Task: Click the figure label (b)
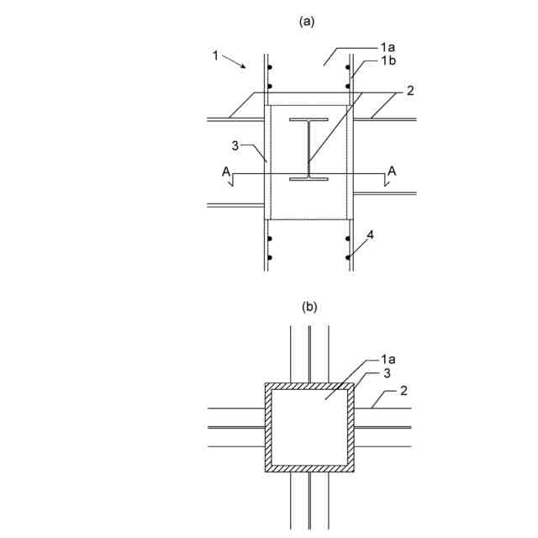point(309,308)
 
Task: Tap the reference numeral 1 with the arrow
point(216,55)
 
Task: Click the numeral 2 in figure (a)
point(409,91)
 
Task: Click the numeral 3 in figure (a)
point(237,145)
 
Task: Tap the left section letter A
point(224,171)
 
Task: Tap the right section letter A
point(391,171)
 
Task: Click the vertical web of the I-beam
point(309,150)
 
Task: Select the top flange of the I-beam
point(309,121)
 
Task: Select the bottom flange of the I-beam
point(309,178)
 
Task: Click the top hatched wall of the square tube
point(309,387)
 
